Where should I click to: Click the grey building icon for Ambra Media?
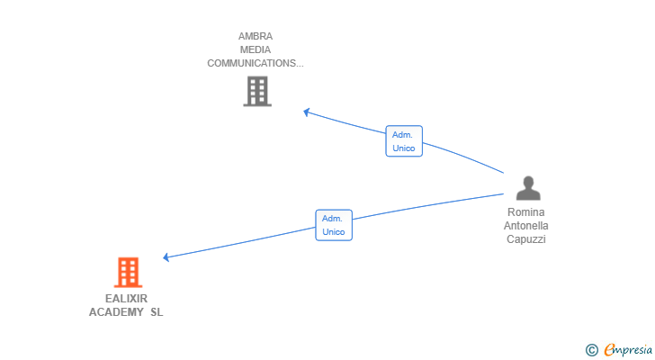(257, 91)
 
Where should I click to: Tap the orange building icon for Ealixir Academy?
(129, 272)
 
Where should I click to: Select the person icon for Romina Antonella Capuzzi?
(528, 188)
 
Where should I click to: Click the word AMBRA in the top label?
(256, 37)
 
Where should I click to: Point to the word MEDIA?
(256, 50)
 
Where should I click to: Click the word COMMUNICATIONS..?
(254, 63)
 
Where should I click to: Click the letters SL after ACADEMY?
(157, 312)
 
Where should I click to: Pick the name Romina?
(526, 212)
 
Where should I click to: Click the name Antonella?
(526, 226)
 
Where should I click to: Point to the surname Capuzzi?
(526, 239)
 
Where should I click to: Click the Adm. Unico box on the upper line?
(404, 141)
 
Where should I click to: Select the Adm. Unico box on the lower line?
(334, 225)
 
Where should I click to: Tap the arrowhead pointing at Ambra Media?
(307, 112)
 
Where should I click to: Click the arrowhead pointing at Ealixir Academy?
(166, 257)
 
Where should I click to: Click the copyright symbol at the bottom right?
(591, 350)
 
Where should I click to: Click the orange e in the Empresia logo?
(609, 349)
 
